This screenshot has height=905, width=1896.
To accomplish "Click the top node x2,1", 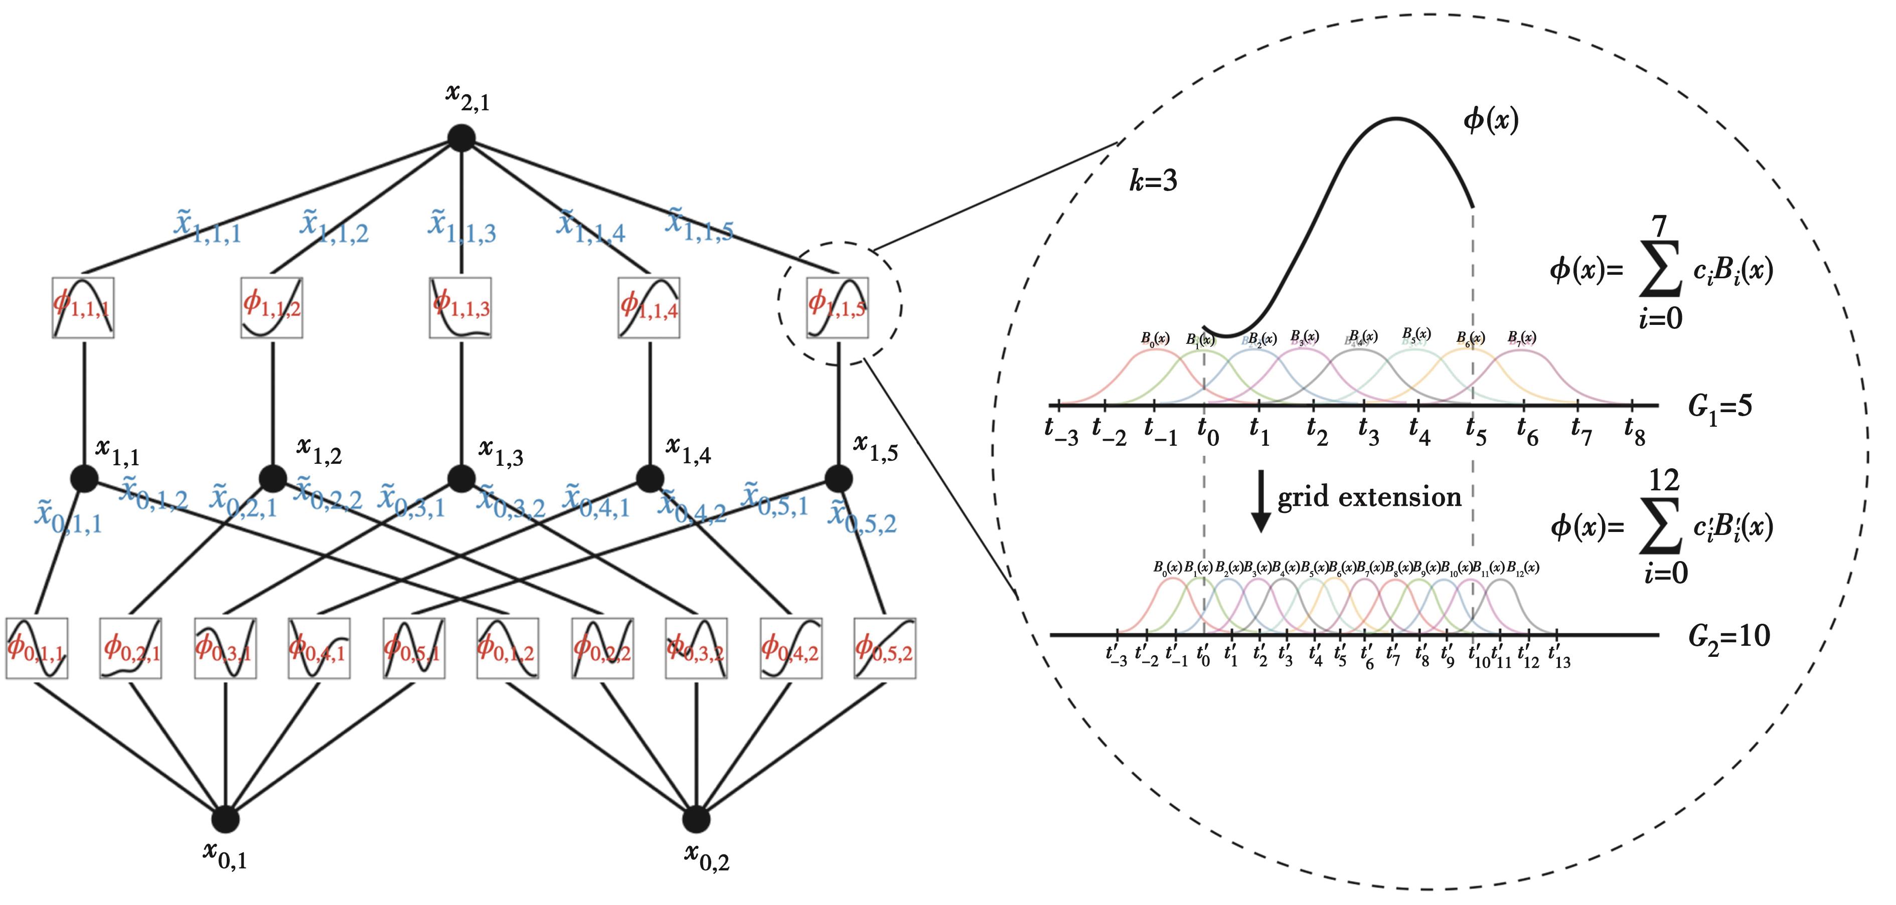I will pos(461,137).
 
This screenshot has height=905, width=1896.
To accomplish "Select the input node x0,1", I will pos(225,819).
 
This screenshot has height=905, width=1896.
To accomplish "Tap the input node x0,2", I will pos(696,819).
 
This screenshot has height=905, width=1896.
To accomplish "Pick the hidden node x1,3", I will pos(461,479).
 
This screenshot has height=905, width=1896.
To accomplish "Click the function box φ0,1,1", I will pos(37,649).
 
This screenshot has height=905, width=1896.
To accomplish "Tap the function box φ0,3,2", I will pos(696,649).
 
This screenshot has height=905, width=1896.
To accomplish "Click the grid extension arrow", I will pos(1261,500).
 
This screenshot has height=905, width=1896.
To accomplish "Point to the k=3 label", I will pos(1153,181).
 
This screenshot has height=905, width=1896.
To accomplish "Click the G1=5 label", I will pos(1720,408).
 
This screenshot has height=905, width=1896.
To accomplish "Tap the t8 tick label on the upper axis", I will pos(1634,433).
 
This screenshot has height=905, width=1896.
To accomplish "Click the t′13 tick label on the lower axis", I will pos(1559,656).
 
